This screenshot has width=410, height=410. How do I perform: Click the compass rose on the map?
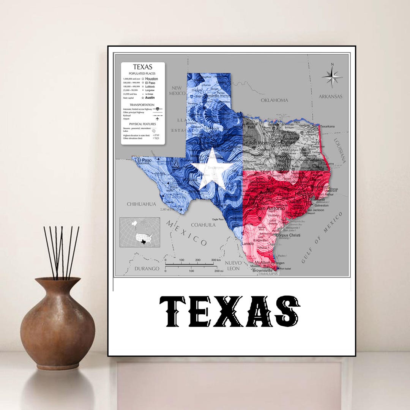click(332, 77)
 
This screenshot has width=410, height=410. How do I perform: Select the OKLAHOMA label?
click(274, 100)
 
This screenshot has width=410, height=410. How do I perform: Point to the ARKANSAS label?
click(330, 96)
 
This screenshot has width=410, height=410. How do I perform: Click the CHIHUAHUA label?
click(141, 204)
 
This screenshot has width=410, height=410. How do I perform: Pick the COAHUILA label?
click(203, 225)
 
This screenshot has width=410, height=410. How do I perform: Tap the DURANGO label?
click(147, 269)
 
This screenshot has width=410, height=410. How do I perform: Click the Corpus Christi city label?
click(288, 235)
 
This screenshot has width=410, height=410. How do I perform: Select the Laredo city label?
click(248, 243)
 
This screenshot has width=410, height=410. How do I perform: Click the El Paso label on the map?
click(144, 160)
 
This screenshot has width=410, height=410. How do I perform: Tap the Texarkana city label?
click(327, 126)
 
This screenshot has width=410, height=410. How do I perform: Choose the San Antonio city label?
click(271, 208)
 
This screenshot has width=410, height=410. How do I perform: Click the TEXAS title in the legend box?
click(143, 67)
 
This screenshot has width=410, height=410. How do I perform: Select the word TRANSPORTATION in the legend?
click(142, 105)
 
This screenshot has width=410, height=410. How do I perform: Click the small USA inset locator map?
click(140, 232)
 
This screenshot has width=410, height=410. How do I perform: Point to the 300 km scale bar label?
click(216, 260)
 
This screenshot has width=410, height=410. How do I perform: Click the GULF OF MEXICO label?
click(322, 237)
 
